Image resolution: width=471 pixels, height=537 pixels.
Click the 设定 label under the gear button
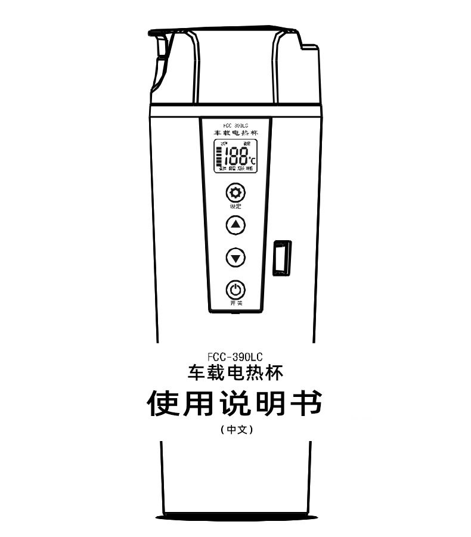pos(236,206)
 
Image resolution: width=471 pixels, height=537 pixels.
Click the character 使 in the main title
pos(163,404)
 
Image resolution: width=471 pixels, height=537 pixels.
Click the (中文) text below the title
pos(236,429)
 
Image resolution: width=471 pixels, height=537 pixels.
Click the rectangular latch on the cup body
pos(281,257)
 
